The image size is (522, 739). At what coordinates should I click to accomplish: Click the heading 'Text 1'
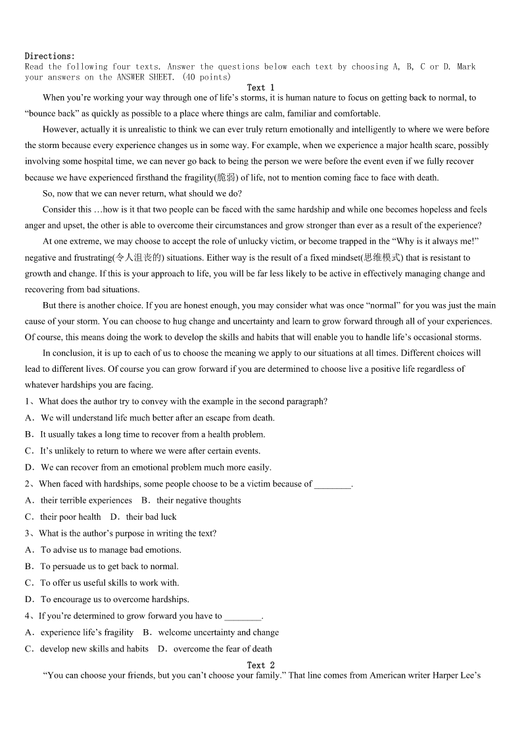click(x=260, y=88)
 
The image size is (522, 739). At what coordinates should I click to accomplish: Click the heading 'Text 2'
click(x=260, y=665)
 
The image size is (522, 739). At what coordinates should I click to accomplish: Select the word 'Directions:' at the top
click(x=50, y=57)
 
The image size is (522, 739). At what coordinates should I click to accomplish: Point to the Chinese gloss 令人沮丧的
click(x=139, y=258)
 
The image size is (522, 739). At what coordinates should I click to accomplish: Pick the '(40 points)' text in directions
click(x=206, y=77)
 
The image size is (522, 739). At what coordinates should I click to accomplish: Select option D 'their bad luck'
click(x=151, y=517)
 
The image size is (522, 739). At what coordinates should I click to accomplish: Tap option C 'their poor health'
click(x=70, y=517)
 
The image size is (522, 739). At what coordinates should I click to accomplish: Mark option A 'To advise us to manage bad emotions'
click(x=110, y=549)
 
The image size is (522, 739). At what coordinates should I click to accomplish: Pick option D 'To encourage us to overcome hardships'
click(x=114, y=599)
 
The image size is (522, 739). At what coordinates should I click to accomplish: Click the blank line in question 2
click(x=333, y=484)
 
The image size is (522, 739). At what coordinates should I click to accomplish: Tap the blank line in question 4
click(x=243, y=617)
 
